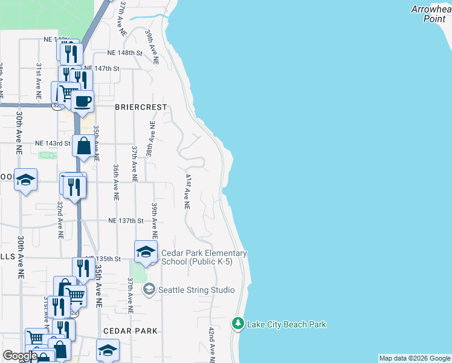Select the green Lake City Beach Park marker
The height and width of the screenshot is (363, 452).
pyautogui.click(x=239, y=324)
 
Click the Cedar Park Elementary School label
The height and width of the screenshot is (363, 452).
pyautogui.click(x=204, y=257)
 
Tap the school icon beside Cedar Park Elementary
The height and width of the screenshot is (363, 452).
pyautogui.click(x=146, y=252)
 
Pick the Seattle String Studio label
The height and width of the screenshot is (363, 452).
pyautogui.click(x=196, y=290)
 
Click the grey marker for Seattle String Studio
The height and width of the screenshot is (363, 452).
pyautogui.click(x=149, y=290)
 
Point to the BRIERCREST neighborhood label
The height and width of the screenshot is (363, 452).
pyautogui.click(x=140, y=106)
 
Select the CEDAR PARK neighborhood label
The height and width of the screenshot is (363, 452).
pyautogui.click(x=131, y=331)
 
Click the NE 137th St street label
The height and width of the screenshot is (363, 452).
pyautogui.click(x=126, y=221)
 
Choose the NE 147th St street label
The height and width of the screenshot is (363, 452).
pyautogui.click(x=102, y=68)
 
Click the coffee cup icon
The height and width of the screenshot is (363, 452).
pyautogui.click(x=83, y=100)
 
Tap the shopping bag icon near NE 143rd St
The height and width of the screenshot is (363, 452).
pyautogui.click(x=84, y=146)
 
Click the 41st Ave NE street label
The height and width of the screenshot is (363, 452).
pyautogui.click(x=188, y=192)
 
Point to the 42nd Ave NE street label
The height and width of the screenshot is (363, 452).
pyautogui.click(x=211, y=345)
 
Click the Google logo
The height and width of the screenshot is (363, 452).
pyautogui.click(x=20, y=356)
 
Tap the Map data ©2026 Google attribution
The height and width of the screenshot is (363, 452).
pyautogui.click(x=415, y=358)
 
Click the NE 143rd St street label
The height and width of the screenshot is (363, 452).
pyautogui.click(x=53, y=143)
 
